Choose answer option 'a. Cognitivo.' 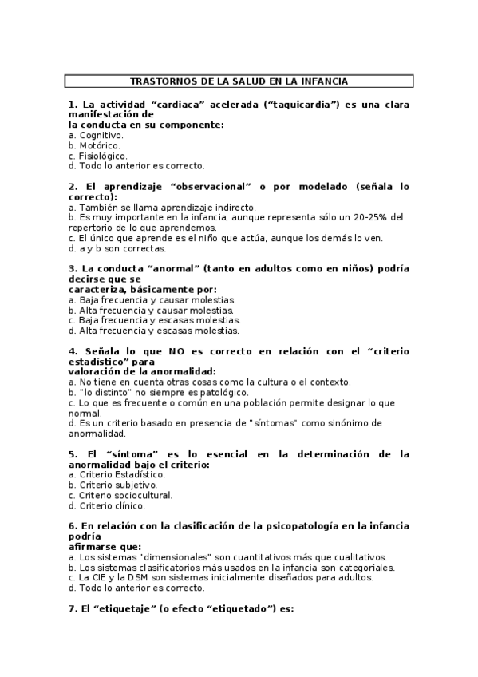tap(96, 135)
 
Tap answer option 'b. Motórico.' tap(95, 145)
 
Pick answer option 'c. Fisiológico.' tap(97, 156)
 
